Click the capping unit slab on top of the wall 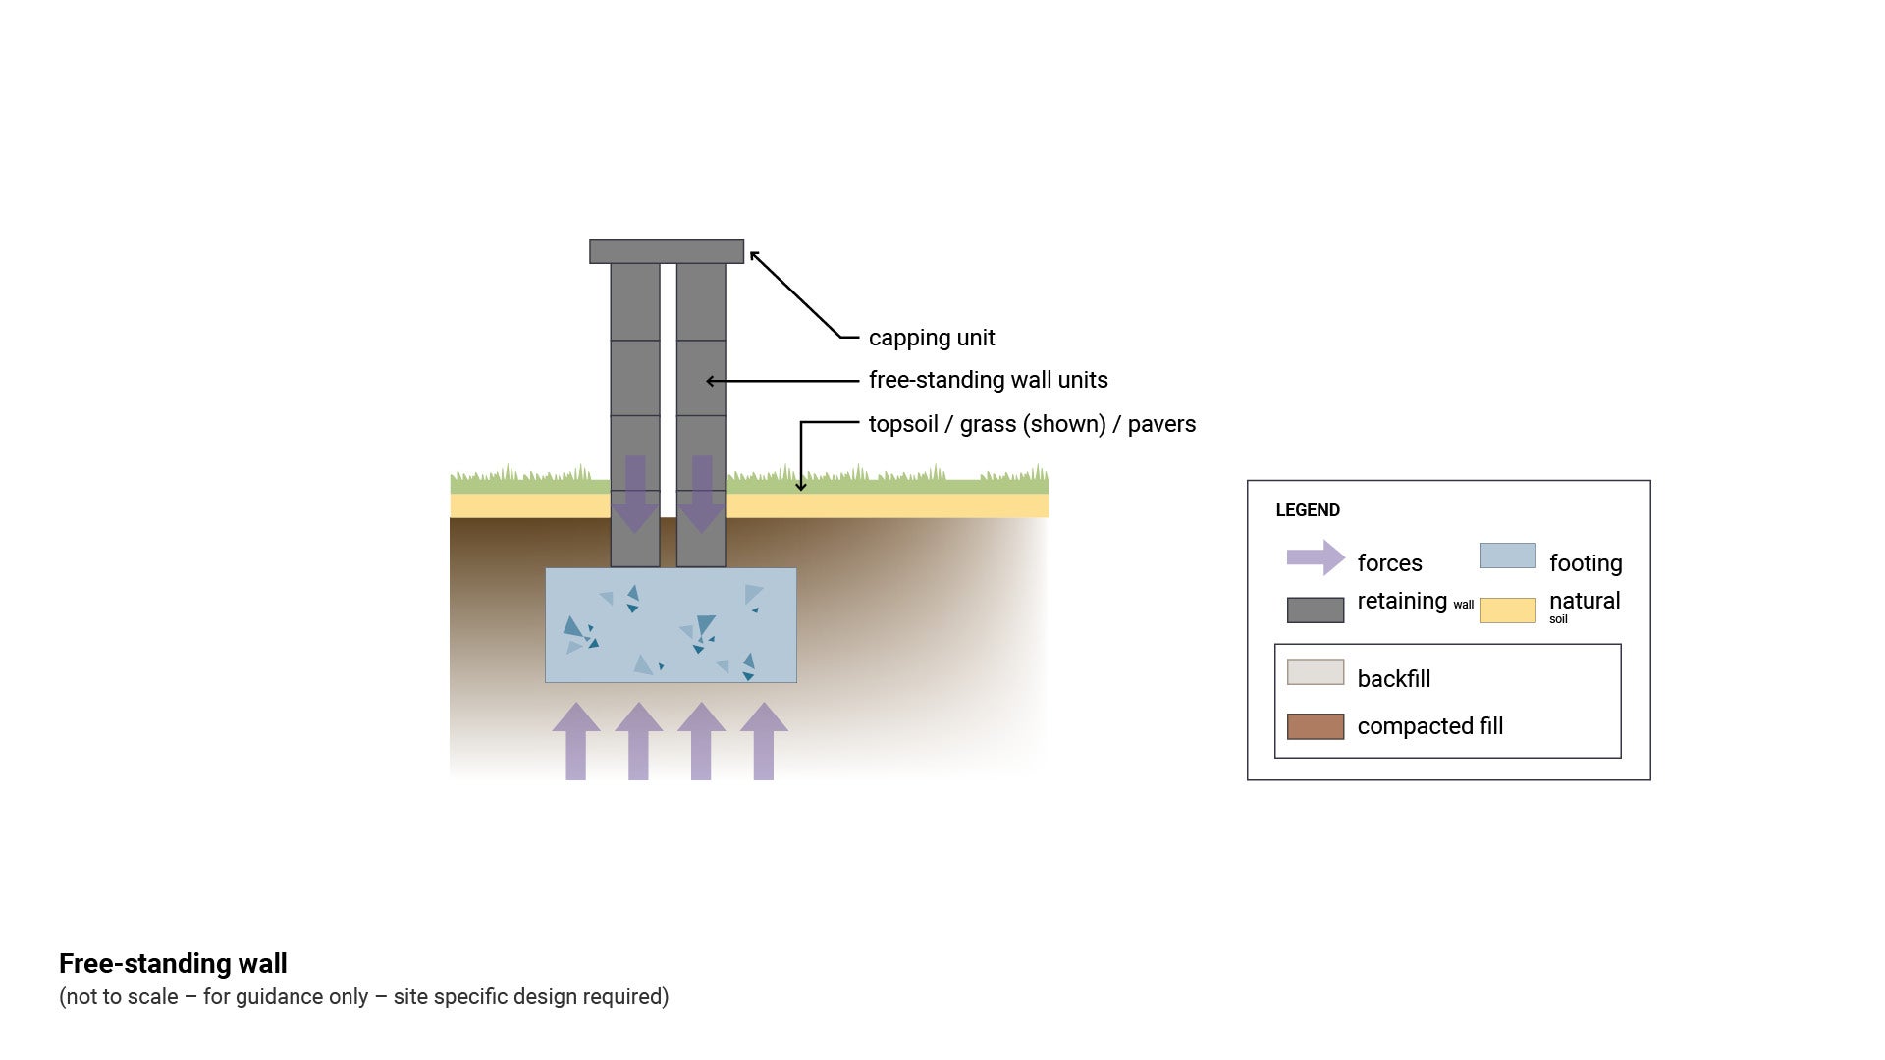point(667,251)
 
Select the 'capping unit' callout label point(931,338)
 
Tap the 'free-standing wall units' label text point(988,380)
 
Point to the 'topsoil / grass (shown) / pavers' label point(1032,424)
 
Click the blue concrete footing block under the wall point(671,625)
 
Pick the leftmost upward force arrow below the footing point(576,741)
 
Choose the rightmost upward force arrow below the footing point(764,741)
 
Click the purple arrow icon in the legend point(1316,557)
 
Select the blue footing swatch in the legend point(1507,556)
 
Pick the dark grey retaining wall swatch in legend point(1316,609)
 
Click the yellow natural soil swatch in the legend point(1507,609)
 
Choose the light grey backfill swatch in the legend point(1316,672)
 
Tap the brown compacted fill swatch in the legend point(1316,726)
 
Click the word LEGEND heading point(1308,510)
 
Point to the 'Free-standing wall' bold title point(173,963)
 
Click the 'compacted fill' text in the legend point(1429,726)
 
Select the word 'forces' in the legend point(1389,563)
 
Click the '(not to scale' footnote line point(363,997)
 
